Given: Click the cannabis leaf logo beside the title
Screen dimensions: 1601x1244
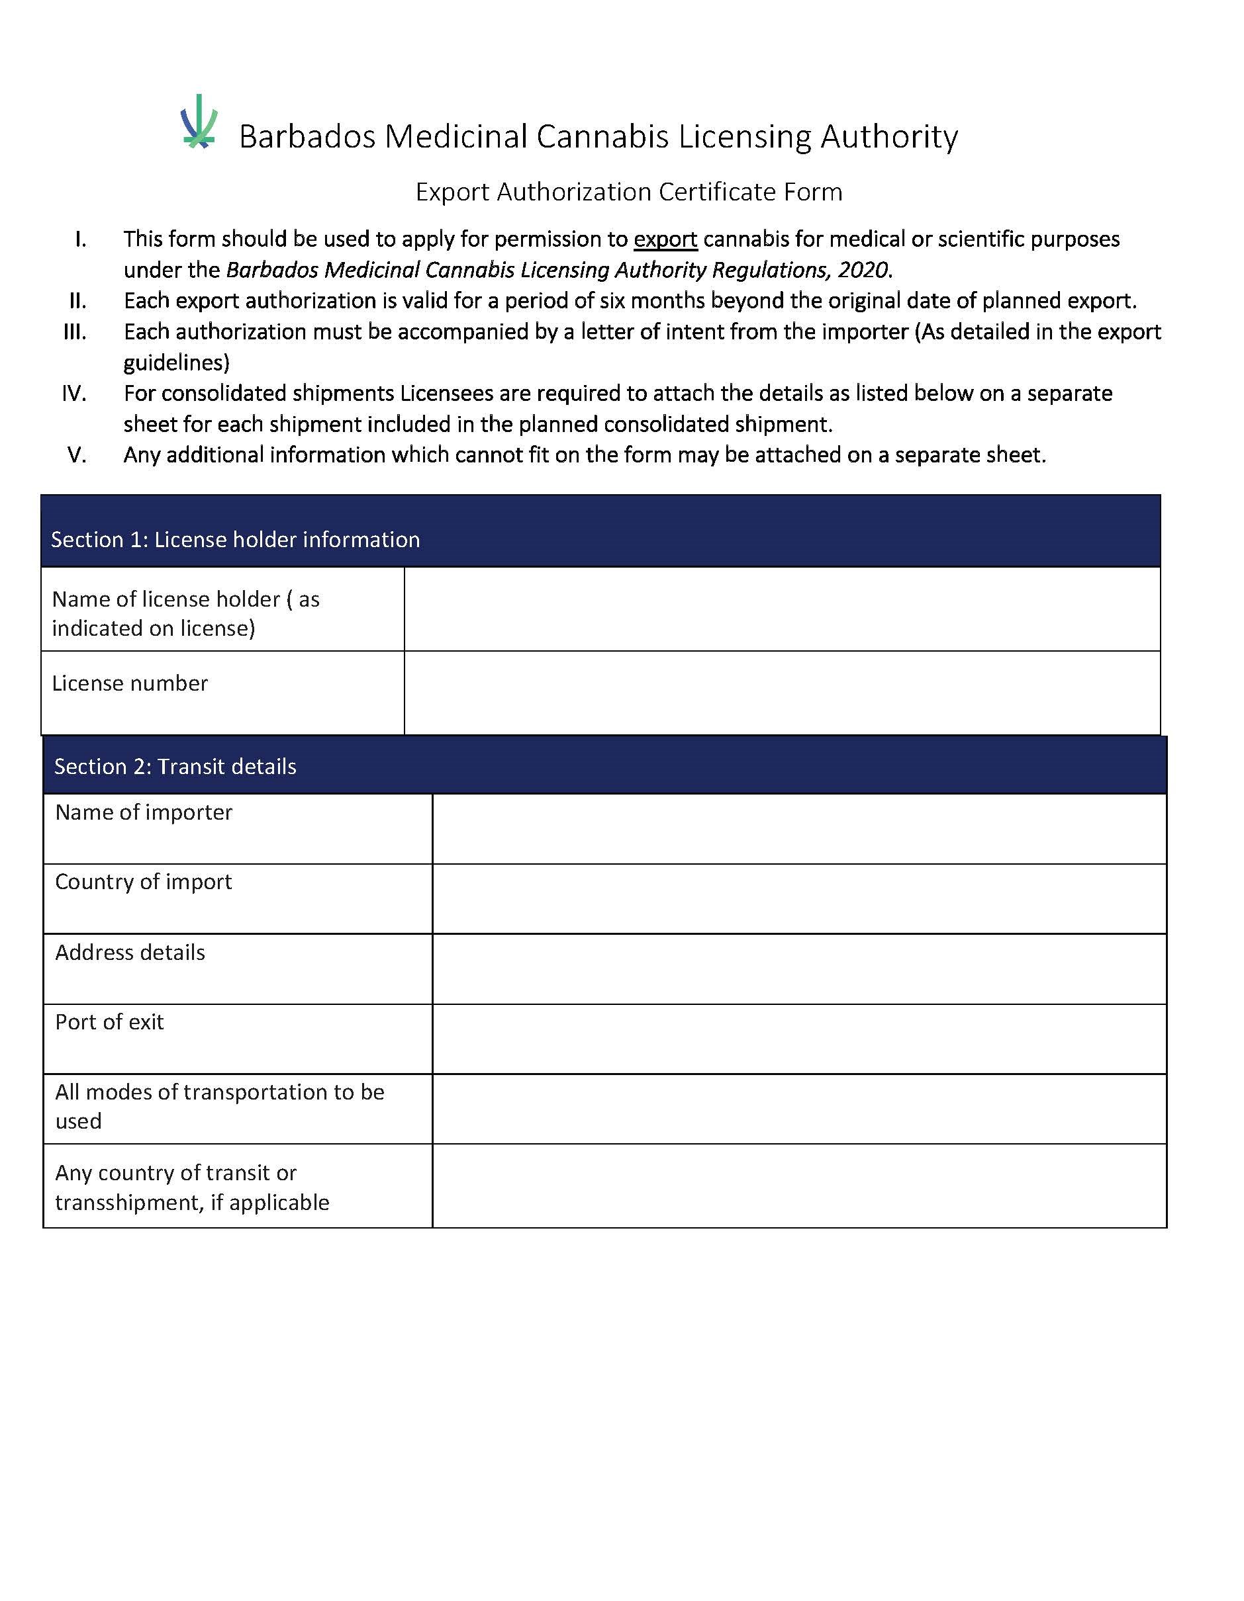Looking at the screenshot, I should pyautogui.click(x=199, y=122).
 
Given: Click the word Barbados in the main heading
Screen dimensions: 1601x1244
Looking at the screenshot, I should pyautogui.click(x=307, y=137).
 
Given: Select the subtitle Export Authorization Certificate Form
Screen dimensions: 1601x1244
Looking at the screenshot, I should pyautogui.click(x=628, y=192).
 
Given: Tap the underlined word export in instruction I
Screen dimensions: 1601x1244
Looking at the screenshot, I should pyautogui.click(x=665, y=239).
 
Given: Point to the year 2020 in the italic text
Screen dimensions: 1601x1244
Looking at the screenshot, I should pyautogui.click(x=863, y=271).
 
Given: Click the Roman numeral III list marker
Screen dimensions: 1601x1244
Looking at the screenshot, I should pyautogui.click(x=75, y=332).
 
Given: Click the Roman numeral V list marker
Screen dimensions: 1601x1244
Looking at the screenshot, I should pyautogui.click(x=77, y=455).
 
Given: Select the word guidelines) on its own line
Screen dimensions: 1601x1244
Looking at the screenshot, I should pyautogui.click(x=176, y=363).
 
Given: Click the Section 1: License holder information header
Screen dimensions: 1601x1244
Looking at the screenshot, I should pyautogui.click(x=235, y=541).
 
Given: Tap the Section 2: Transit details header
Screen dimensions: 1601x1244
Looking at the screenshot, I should pyautogui.click(x=175, y=767).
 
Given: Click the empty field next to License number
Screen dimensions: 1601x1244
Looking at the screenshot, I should pyautogui.click(x=782, y=693).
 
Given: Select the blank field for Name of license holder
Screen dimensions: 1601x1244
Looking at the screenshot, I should pyautogui.click(x=782, y=609).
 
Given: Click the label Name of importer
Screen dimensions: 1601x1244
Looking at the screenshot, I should pyautogui.click(x=144, y=812).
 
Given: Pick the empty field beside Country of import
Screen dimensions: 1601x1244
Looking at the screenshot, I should pyautogui.click(x=799, y=898).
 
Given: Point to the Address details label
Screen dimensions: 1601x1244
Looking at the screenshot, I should pyautogui.click(x=130, y=952).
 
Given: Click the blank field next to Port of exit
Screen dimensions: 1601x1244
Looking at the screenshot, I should pyautogui.click(x=799, y=1039).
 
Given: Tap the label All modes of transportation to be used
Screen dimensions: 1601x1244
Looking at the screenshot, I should pyautogui.click(x=218, y=1106).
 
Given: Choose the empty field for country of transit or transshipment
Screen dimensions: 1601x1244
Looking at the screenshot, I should pyautogui.click(x=799, y=1186).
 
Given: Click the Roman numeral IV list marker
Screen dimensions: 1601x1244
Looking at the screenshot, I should pyautogui.click(x=74, y=394).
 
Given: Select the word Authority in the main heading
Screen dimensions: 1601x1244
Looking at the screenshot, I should pyautogui.click(x=888, y=137).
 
